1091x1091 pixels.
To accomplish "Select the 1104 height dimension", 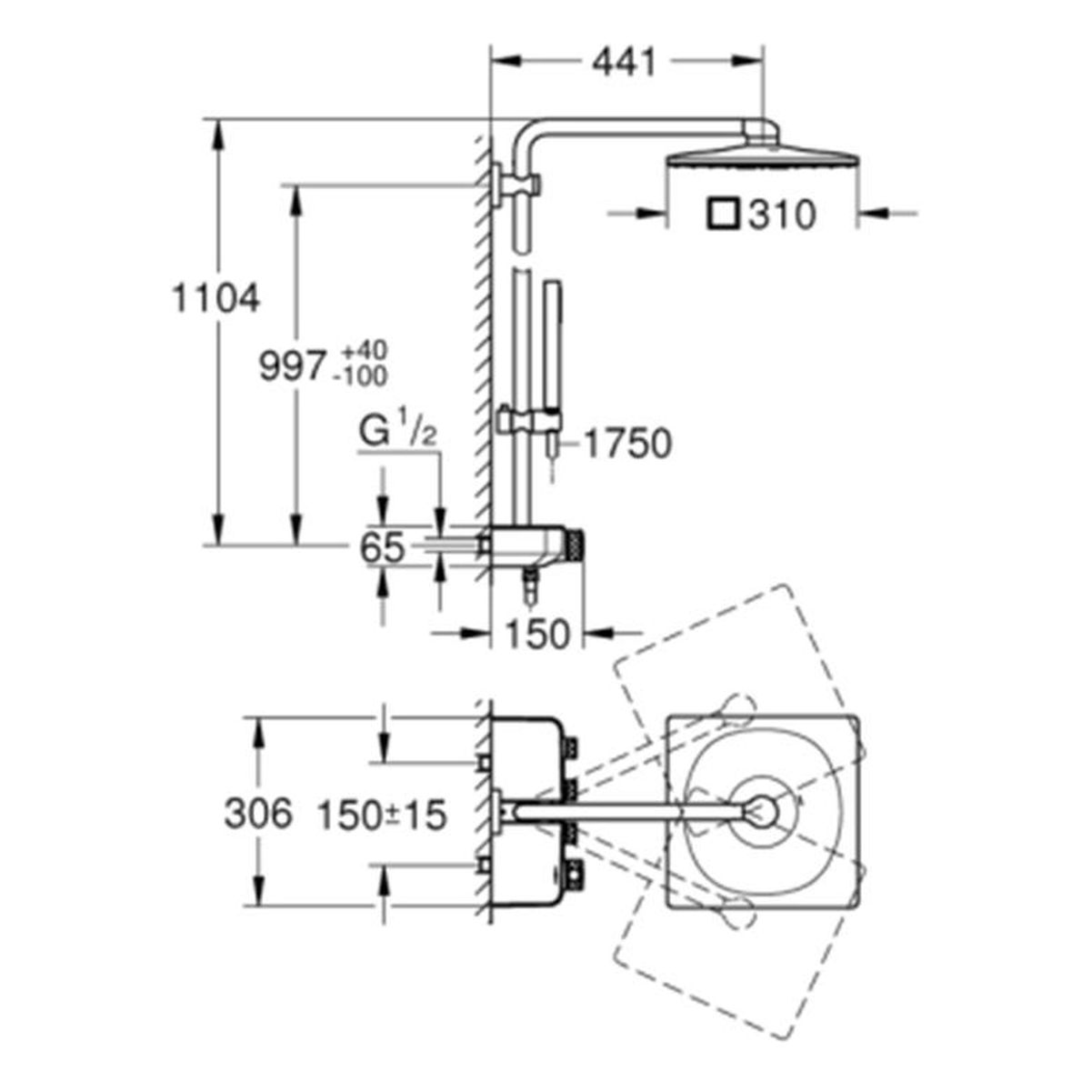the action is tap(215, 298).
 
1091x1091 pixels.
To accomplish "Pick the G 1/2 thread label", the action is tap(398, 434).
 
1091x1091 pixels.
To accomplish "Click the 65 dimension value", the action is tap(383, 547).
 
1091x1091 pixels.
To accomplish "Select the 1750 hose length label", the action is tap(627, 443).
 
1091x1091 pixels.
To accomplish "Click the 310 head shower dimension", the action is tap(783, 215).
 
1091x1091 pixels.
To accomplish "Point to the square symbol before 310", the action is tap(723, 215).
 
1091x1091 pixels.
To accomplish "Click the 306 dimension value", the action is tap(258, 815).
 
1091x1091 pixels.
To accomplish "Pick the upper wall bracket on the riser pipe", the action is tap(516, 185).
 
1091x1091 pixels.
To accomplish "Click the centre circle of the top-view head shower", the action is tap(762, 811).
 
